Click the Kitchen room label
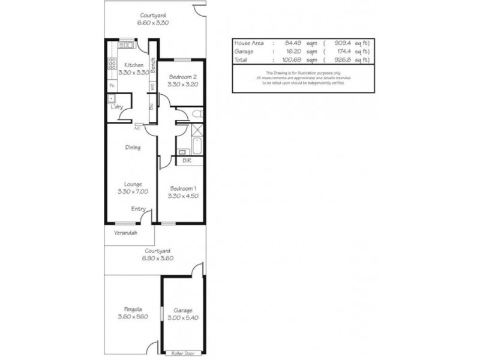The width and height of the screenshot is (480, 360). (133, 64)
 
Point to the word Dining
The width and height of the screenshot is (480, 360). (133, 148)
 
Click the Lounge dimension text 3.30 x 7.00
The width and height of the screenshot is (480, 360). (133, 191)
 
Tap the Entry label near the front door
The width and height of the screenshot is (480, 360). (139, 209)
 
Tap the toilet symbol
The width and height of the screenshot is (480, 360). (199, 113)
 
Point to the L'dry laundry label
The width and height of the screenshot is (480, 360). (116, 107)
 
